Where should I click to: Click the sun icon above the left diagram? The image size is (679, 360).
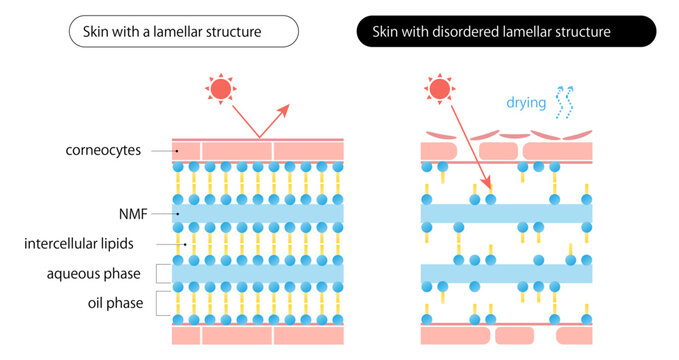pyautogui.click(x=219, y=88)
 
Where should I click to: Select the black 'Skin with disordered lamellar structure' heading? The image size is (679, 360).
pyautogui.click(x=506, y=32)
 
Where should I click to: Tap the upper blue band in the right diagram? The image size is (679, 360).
pyautogui.click(x=506, y=213)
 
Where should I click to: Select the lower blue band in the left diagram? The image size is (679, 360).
pyautogui.click(x=258, y=273)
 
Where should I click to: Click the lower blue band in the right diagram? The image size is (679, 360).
pyautogui.click(x=506, y=273)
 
